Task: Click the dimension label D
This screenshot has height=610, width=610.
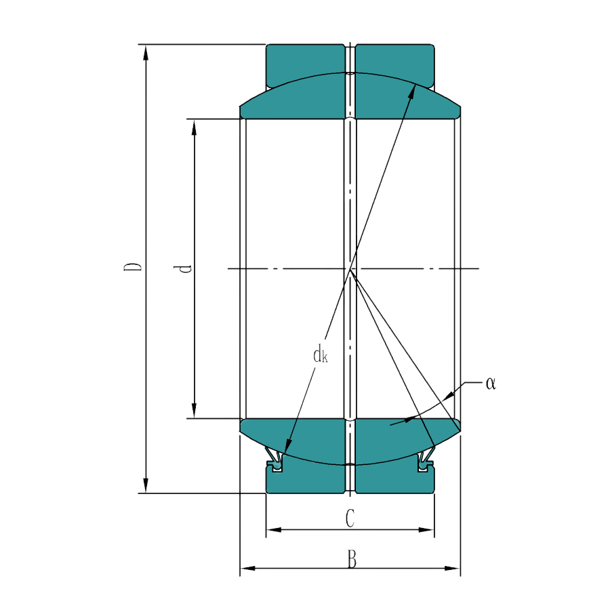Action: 133,266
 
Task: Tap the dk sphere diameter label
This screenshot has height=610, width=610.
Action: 321,354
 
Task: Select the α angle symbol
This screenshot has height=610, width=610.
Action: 491,384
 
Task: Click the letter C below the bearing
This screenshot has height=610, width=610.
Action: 350,518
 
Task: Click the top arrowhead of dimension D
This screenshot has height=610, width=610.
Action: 146,53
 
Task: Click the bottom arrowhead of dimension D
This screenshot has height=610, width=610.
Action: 146,485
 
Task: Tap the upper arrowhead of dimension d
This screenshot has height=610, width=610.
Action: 194,127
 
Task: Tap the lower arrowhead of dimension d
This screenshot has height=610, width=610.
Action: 194,411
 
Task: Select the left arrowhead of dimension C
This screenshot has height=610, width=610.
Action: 274,530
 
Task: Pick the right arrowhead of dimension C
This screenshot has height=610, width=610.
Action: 426,530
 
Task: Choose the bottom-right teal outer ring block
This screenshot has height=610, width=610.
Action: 395,478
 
